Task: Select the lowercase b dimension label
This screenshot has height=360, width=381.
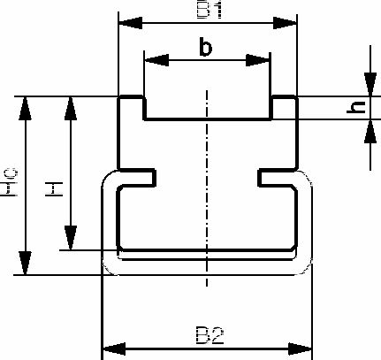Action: point(205,47)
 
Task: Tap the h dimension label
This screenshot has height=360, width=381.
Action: point(356,107)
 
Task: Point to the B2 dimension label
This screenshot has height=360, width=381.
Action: point(210,335)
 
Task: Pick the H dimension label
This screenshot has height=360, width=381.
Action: point(54,189)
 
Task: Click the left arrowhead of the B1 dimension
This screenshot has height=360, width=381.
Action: point(130,23)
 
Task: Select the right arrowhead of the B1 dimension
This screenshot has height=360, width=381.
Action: point(285,23)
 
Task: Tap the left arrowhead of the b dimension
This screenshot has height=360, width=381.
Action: point(156,60)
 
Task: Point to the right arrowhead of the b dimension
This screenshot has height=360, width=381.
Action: point(257,60)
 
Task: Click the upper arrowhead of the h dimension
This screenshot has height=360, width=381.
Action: point(370,84)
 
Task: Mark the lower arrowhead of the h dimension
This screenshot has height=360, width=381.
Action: point(370,131)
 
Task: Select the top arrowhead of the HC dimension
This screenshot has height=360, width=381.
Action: point(25,108)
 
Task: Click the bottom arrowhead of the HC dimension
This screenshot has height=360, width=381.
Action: point(25,263)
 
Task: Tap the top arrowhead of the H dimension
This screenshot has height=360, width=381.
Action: point(71,108)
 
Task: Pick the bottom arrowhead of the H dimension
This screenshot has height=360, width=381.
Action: point(71,238)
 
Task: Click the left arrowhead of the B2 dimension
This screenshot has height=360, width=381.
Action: point(114,349)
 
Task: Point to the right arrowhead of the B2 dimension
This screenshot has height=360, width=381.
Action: point(300,349)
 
